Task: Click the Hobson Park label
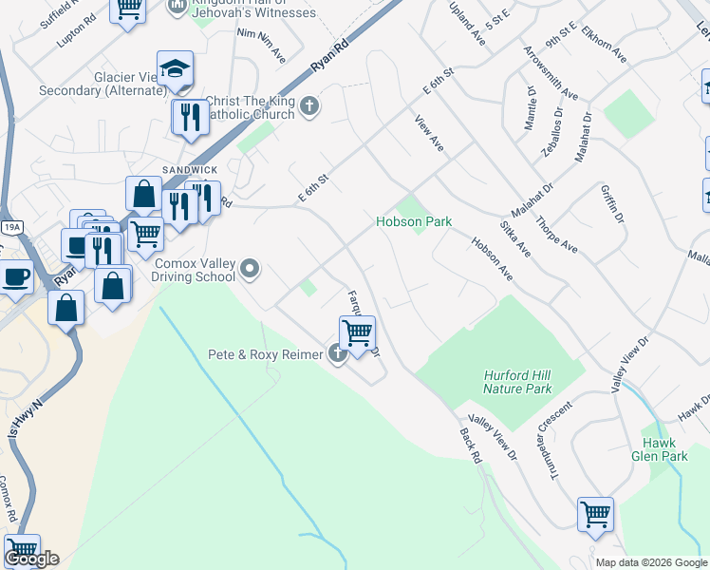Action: tap(414, 221)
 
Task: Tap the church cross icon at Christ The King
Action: tap(308, 105)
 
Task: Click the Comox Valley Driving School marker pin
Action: tap(250, 269)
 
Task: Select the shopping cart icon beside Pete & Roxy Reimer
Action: tap(358, 333)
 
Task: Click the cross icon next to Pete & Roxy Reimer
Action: tap(337, 355)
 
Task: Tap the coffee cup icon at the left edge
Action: tap(15, 277)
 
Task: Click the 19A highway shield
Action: tap(11, 228)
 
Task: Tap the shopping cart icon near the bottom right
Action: tap(595, 514)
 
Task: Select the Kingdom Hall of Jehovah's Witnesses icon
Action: tap(177, 7)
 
